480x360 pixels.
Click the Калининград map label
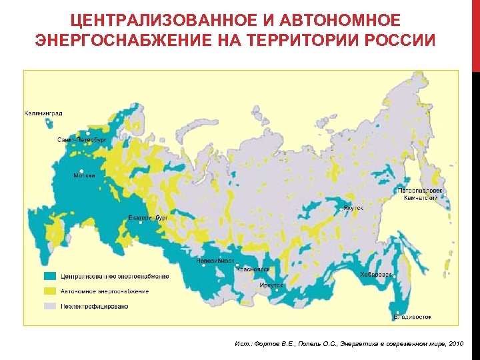coord(43,113)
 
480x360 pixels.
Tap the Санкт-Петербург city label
coord(82,141)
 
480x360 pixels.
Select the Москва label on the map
coord(84,175)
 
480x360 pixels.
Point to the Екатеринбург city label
coord(147,218)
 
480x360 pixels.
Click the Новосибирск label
coord(215,261)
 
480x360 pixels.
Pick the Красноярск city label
coord(253,269)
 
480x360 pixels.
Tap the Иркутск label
coord(271,285)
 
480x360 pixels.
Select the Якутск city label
coord(353,208)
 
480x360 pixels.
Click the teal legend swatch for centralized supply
coord(49,277)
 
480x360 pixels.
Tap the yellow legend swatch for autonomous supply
coord(49,291)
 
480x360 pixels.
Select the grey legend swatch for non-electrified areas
coord(49,306)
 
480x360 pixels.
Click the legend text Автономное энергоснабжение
coord(105,291)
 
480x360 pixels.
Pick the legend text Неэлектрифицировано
coord(95,306)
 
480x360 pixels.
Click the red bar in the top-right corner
coord(475,33)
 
